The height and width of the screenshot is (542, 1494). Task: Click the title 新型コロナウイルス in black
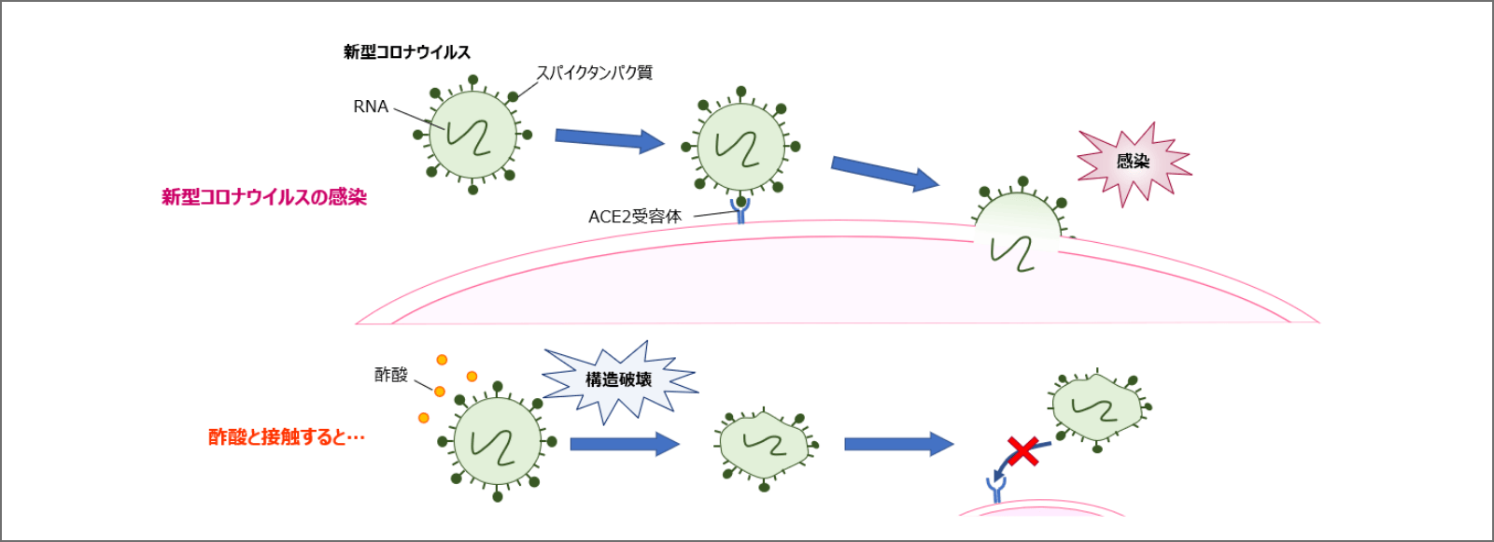[x=407, y=52]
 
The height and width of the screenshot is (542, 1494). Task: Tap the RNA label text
[x=371, y=107]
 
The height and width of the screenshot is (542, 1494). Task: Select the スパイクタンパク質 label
[x=594, y=72]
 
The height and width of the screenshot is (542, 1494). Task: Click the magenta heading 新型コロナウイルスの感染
[x=264, y=197]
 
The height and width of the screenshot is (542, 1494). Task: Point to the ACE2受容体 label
[x=635, y=217]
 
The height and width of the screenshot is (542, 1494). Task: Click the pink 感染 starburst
[x=1134, y=162]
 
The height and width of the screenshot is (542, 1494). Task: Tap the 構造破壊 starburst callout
[x=618, y=379]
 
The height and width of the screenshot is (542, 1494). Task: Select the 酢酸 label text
[x=391, y=375]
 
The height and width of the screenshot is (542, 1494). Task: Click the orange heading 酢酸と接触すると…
[x=286, y=436]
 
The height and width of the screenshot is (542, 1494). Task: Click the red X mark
[x=1023, y=450]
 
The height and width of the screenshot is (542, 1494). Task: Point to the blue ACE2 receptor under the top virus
[x=740, y=212]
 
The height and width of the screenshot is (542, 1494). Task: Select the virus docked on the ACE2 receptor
[x=740, y=146]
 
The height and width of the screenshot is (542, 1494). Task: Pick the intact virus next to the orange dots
[x=496, y=441]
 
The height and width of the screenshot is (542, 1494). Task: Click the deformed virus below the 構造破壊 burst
[x=764, y=445]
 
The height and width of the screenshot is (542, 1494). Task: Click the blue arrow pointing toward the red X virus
[x=898, y=444]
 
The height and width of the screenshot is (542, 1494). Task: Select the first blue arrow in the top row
[x=609, y=139]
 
